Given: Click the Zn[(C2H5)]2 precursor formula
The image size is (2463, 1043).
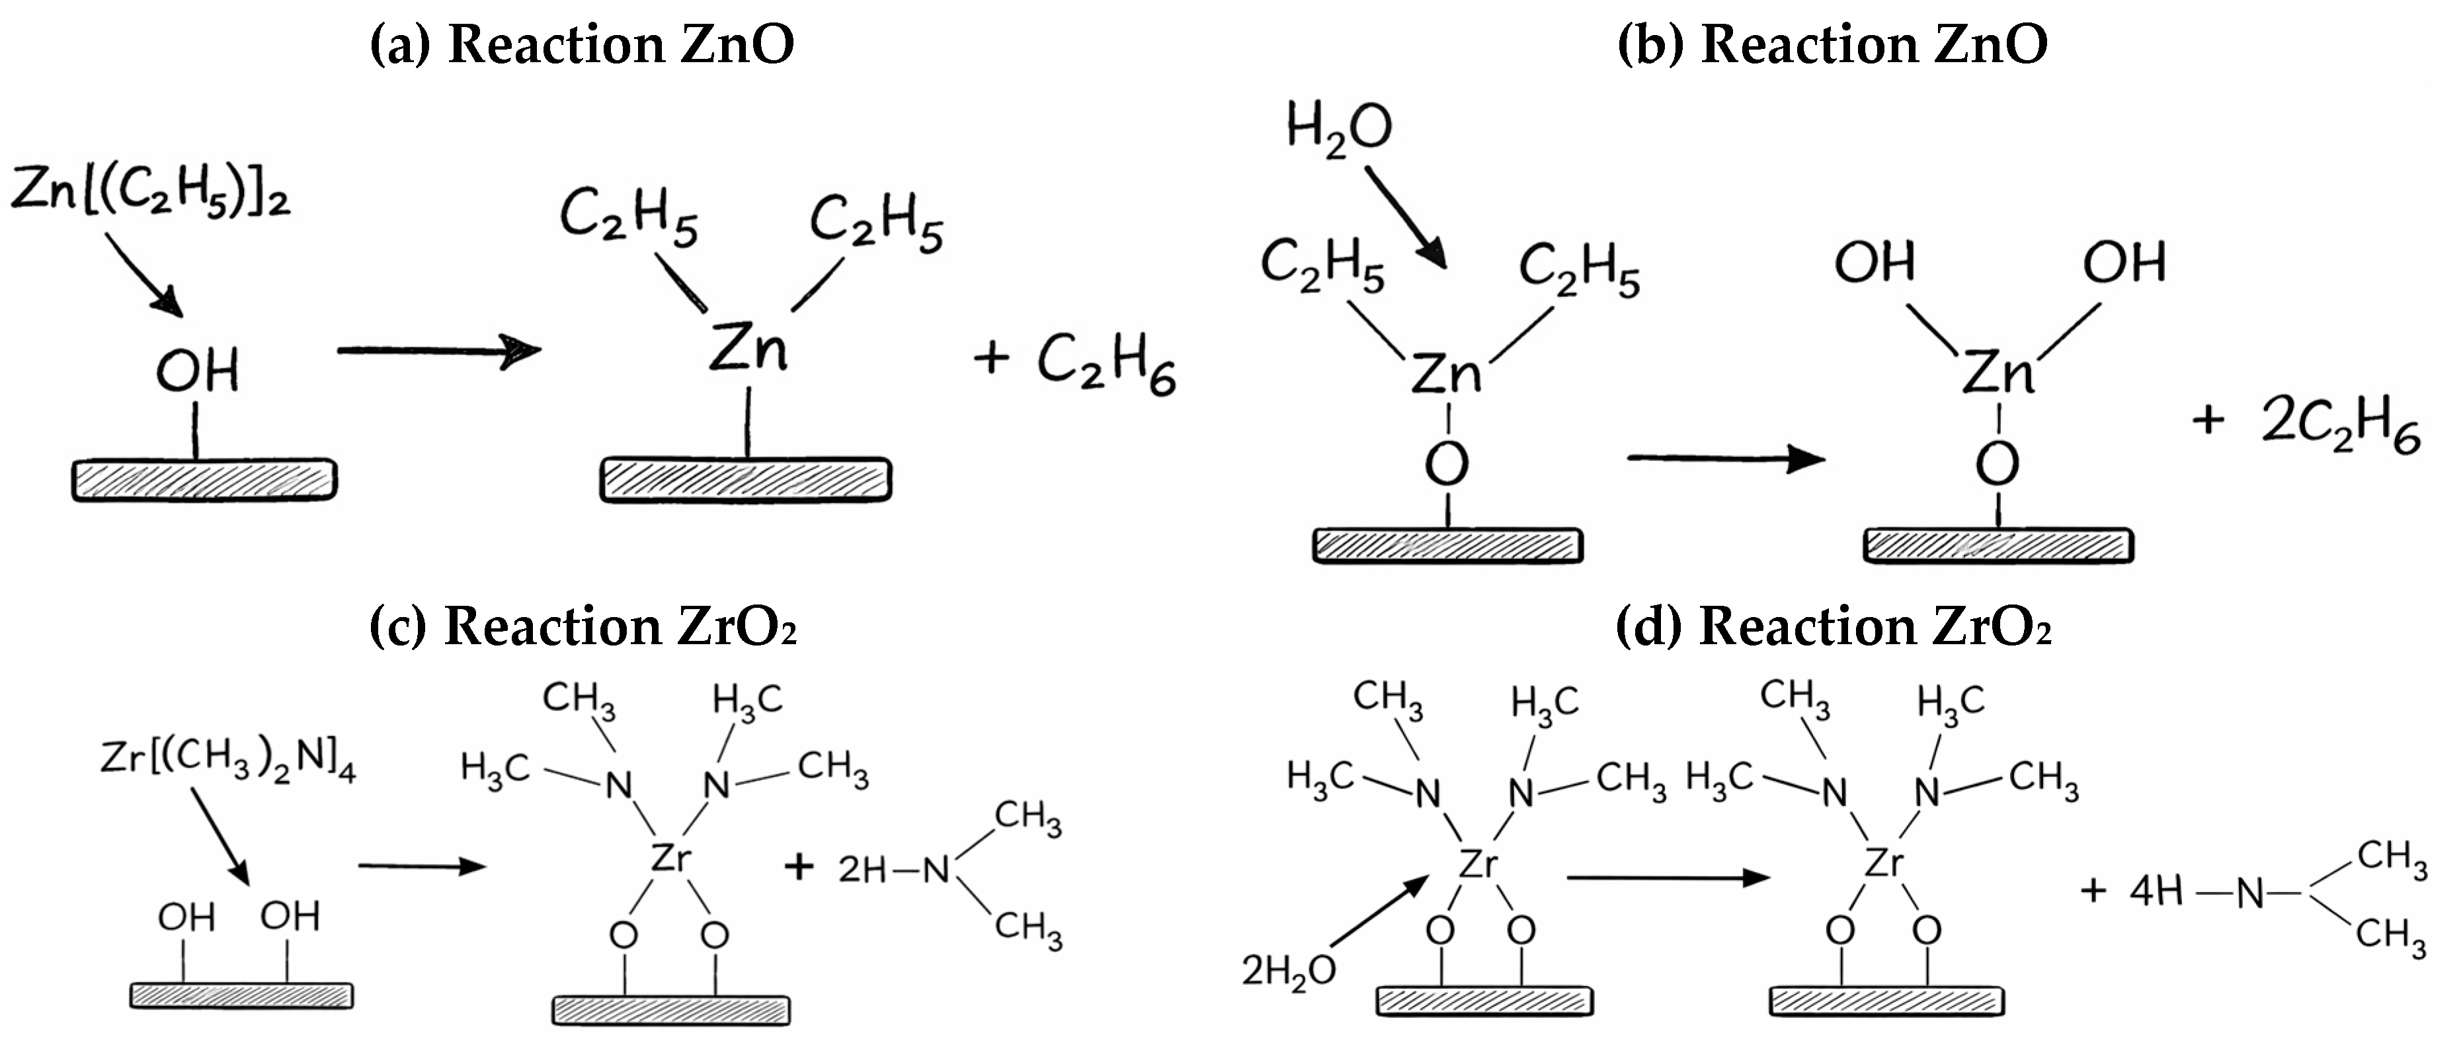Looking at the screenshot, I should tap(150, 191).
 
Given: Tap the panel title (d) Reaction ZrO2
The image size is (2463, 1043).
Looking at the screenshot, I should tap(1833, 627).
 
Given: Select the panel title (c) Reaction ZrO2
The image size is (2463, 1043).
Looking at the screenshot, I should tap(583, 627).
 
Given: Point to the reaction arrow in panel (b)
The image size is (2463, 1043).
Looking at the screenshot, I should tap(1725, 459).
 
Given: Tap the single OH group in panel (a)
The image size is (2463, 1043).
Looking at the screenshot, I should tap(197, 371).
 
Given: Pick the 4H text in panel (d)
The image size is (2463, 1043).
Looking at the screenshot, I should tap(2156, 891).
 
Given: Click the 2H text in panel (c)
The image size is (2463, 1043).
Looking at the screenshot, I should tap(862, 870).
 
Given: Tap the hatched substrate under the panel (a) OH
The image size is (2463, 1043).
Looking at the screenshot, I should tap(204, 480).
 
